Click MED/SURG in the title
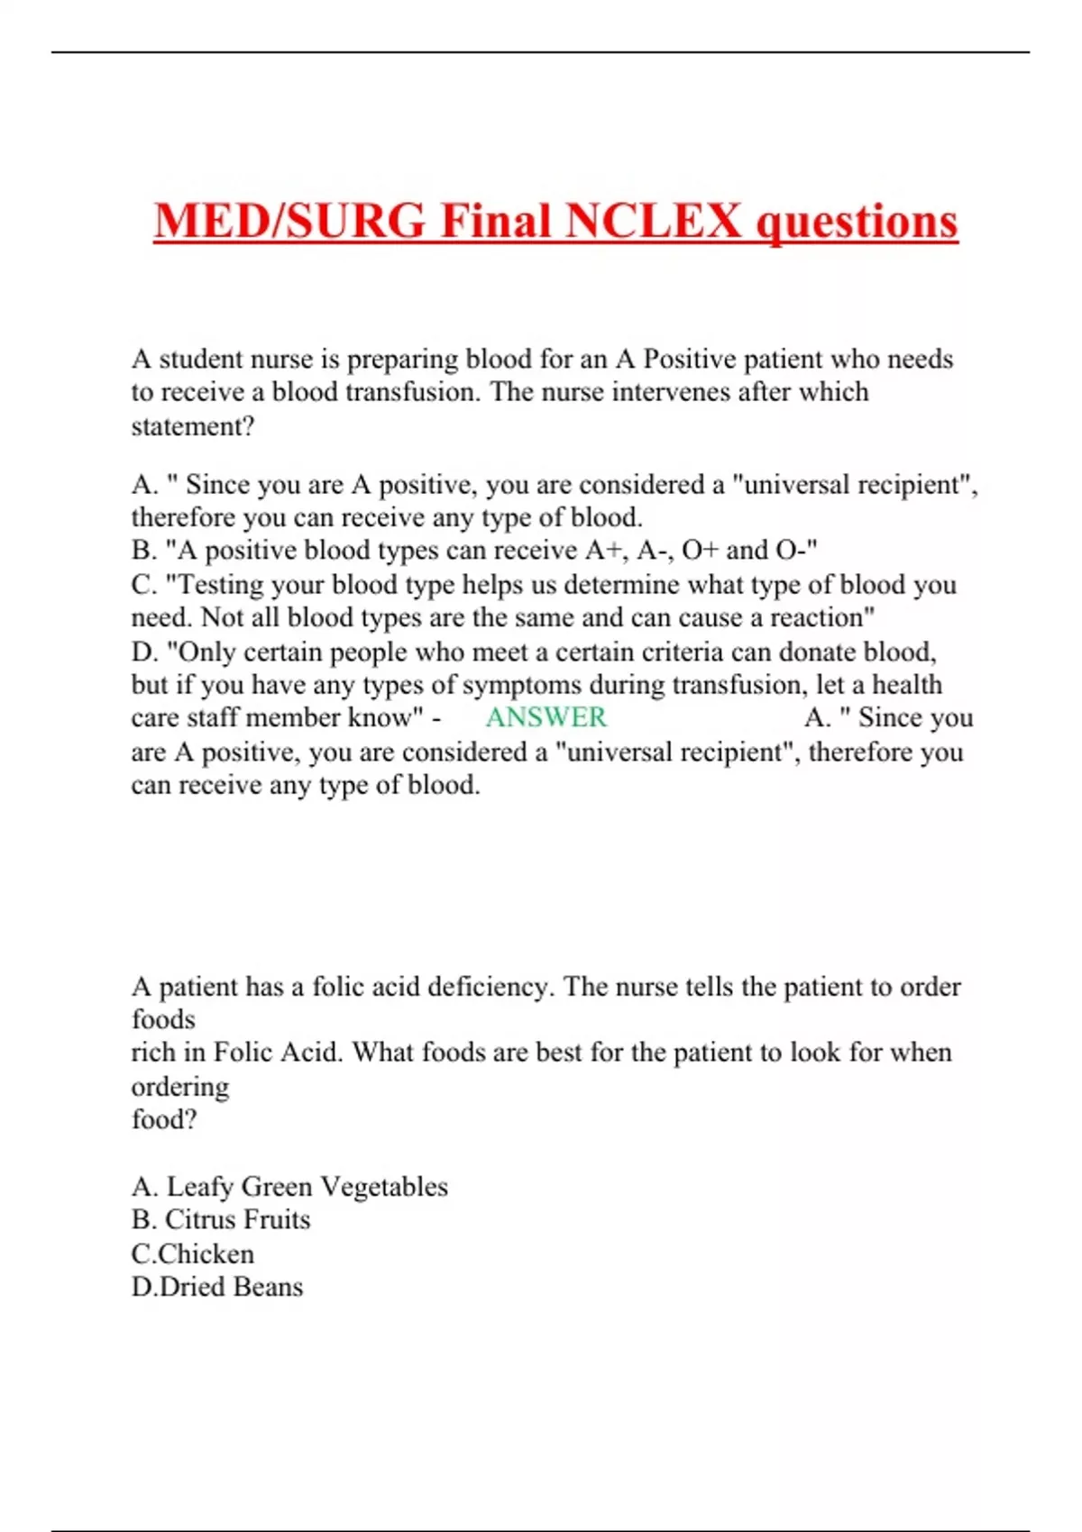point(289,221)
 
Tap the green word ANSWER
point(546,717)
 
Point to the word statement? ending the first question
point(193,426)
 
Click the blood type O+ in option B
point(700,550)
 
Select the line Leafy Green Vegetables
point(289,1187)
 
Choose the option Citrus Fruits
point(221,1219)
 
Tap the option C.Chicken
point(193,1254)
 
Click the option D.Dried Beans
point(217,1287)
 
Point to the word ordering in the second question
point(180,1087)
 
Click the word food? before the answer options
point(163,1119)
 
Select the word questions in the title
point(856,221)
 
